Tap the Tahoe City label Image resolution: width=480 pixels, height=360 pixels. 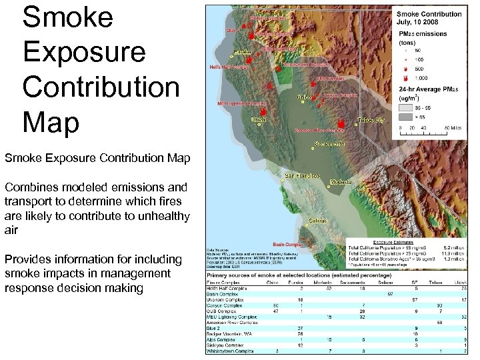coord(371,120)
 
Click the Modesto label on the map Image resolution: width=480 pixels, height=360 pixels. coord(341,181)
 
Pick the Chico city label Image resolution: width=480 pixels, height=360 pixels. coord(304,97)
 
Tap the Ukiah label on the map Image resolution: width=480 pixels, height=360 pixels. coord(259,120)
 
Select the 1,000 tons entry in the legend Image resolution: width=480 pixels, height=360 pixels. coord(423,78)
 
